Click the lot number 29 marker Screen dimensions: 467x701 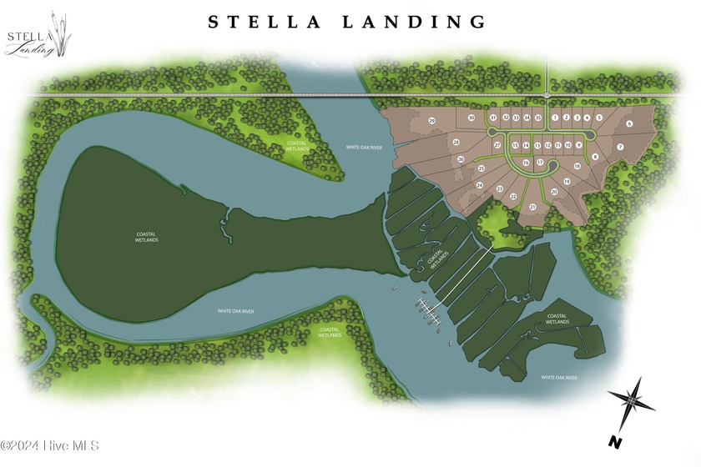click(x=432, y=122)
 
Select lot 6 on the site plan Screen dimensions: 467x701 click(x=629, y=123)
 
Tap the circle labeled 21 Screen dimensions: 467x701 click(x=532, y=206)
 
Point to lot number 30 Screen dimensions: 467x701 click(x=472, y=118)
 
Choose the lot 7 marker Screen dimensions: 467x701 click(x=620, y=148)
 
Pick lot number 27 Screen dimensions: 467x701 click(x=497, y=145)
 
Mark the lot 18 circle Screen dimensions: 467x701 click(x=577, y=166)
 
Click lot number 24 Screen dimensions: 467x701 click(x=479, y=184)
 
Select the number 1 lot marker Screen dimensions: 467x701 click(x=555, y=118)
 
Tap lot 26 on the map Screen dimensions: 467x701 click(x=461, y=158)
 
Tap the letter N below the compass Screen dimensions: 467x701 click(x=614, y=440)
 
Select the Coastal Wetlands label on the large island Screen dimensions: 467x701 click(x=147, y=237)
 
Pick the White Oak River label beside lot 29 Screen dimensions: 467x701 click(x=364, y=148)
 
